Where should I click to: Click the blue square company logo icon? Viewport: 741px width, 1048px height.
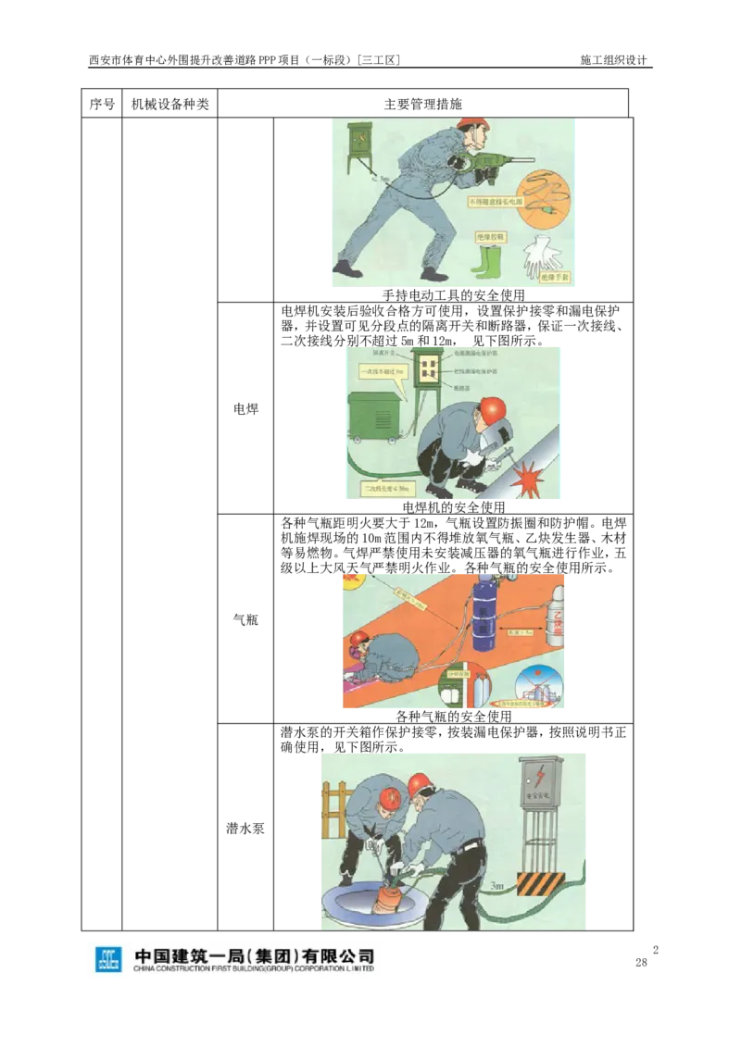(x=108, y=962)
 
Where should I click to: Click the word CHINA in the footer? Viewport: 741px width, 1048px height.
(x=149, y=969)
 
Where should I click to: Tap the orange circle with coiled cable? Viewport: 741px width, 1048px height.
(x=543, y=199)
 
